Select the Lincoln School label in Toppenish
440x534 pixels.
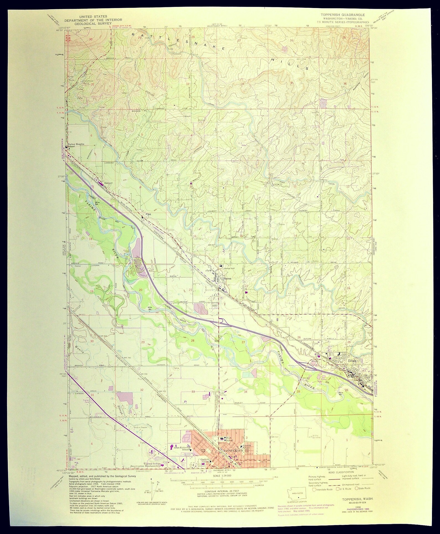pyautogui.click(x=247, y=447)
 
